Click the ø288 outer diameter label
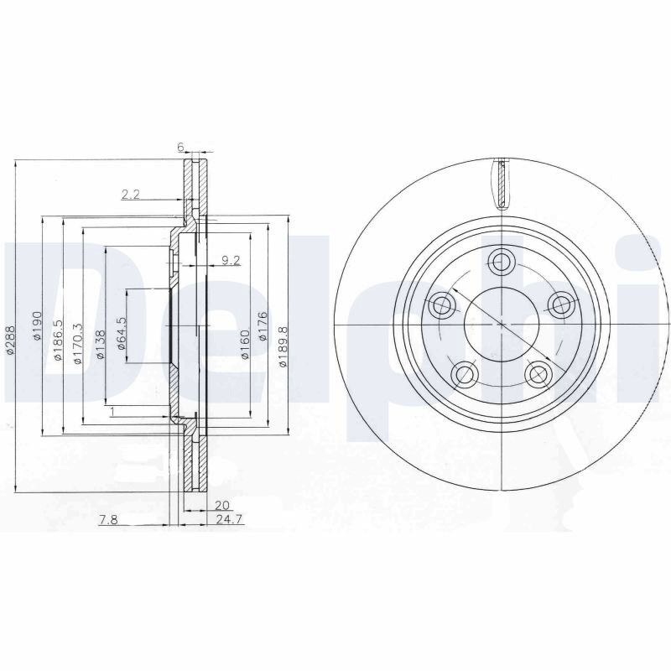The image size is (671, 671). (x=11, y=340)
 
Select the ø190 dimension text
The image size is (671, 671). (x=37, y=325)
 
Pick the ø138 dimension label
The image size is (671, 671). (x=100, y=344)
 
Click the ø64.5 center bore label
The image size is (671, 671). (x=122, y=333)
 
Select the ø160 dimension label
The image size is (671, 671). (x=245, y=344)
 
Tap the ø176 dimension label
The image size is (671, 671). (x=263, y=326)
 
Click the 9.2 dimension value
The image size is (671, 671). (x=231, y=260)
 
